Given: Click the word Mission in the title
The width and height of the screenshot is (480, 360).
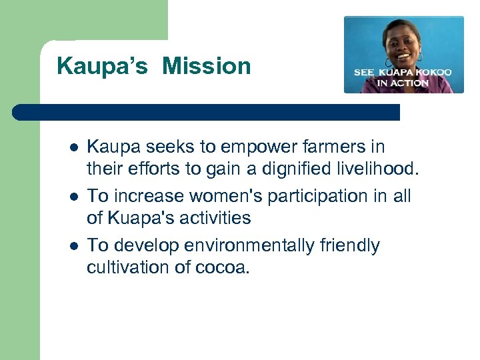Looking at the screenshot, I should pos(207,66).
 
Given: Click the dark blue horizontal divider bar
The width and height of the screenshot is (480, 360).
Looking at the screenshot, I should pos(207,112).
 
